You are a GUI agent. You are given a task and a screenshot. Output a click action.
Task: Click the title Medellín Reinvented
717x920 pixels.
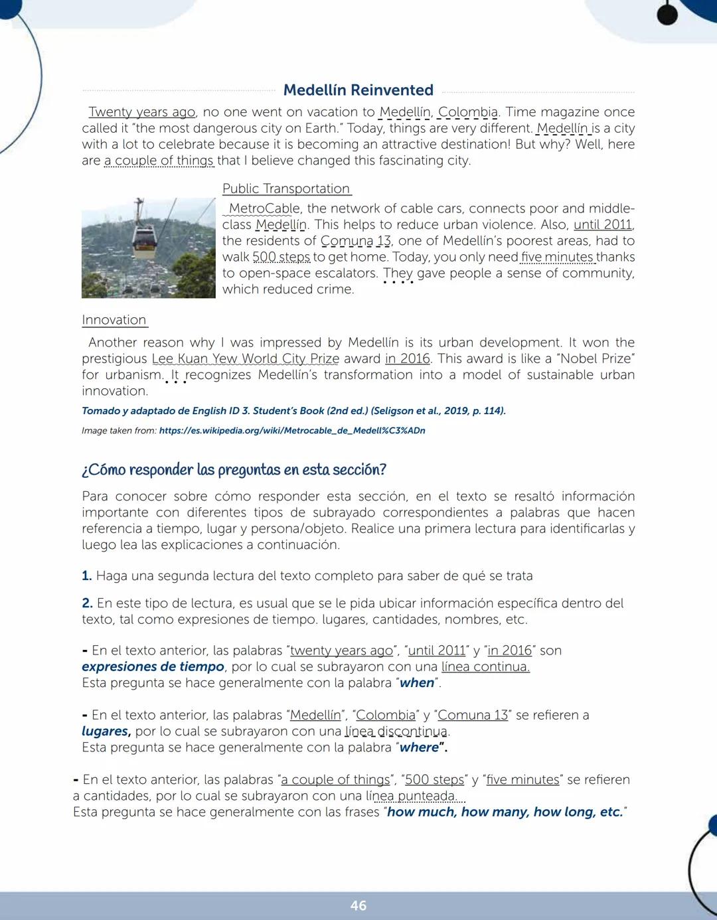358,90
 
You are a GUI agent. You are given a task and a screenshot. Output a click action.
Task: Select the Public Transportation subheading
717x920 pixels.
286,189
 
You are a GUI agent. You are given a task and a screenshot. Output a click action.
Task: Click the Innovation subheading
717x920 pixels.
114,320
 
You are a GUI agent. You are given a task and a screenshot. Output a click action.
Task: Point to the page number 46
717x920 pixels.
358,905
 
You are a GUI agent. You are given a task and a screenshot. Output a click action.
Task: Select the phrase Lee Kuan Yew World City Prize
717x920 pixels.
245,359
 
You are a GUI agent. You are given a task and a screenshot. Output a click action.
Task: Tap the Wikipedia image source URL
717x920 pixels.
292,431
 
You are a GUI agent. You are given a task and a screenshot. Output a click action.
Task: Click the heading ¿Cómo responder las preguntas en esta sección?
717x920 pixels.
234,470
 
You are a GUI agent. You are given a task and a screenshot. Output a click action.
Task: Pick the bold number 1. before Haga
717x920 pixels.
87,576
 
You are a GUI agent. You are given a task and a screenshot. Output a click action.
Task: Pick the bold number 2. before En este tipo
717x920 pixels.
87,603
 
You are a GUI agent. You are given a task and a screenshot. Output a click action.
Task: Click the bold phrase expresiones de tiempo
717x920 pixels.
153,667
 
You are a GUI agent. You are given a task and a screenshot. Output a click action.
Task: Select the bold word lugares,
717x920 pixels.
106,731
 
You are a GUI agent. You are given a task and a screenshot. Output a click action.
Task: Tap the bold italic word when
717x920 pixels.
417,683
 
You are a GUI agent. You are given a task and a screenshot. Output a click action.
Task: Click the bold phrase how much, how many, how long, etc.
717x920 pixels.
505,812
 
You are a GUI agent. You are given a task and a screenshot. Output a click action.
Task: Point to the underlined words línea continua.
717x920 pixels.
485,667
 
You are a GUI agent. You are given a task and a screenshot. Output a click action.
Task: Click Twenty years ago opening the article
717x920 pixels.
142,112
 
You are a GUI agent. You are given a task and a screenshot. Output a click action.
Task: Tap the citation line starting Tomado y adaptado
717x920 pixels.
293,411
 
